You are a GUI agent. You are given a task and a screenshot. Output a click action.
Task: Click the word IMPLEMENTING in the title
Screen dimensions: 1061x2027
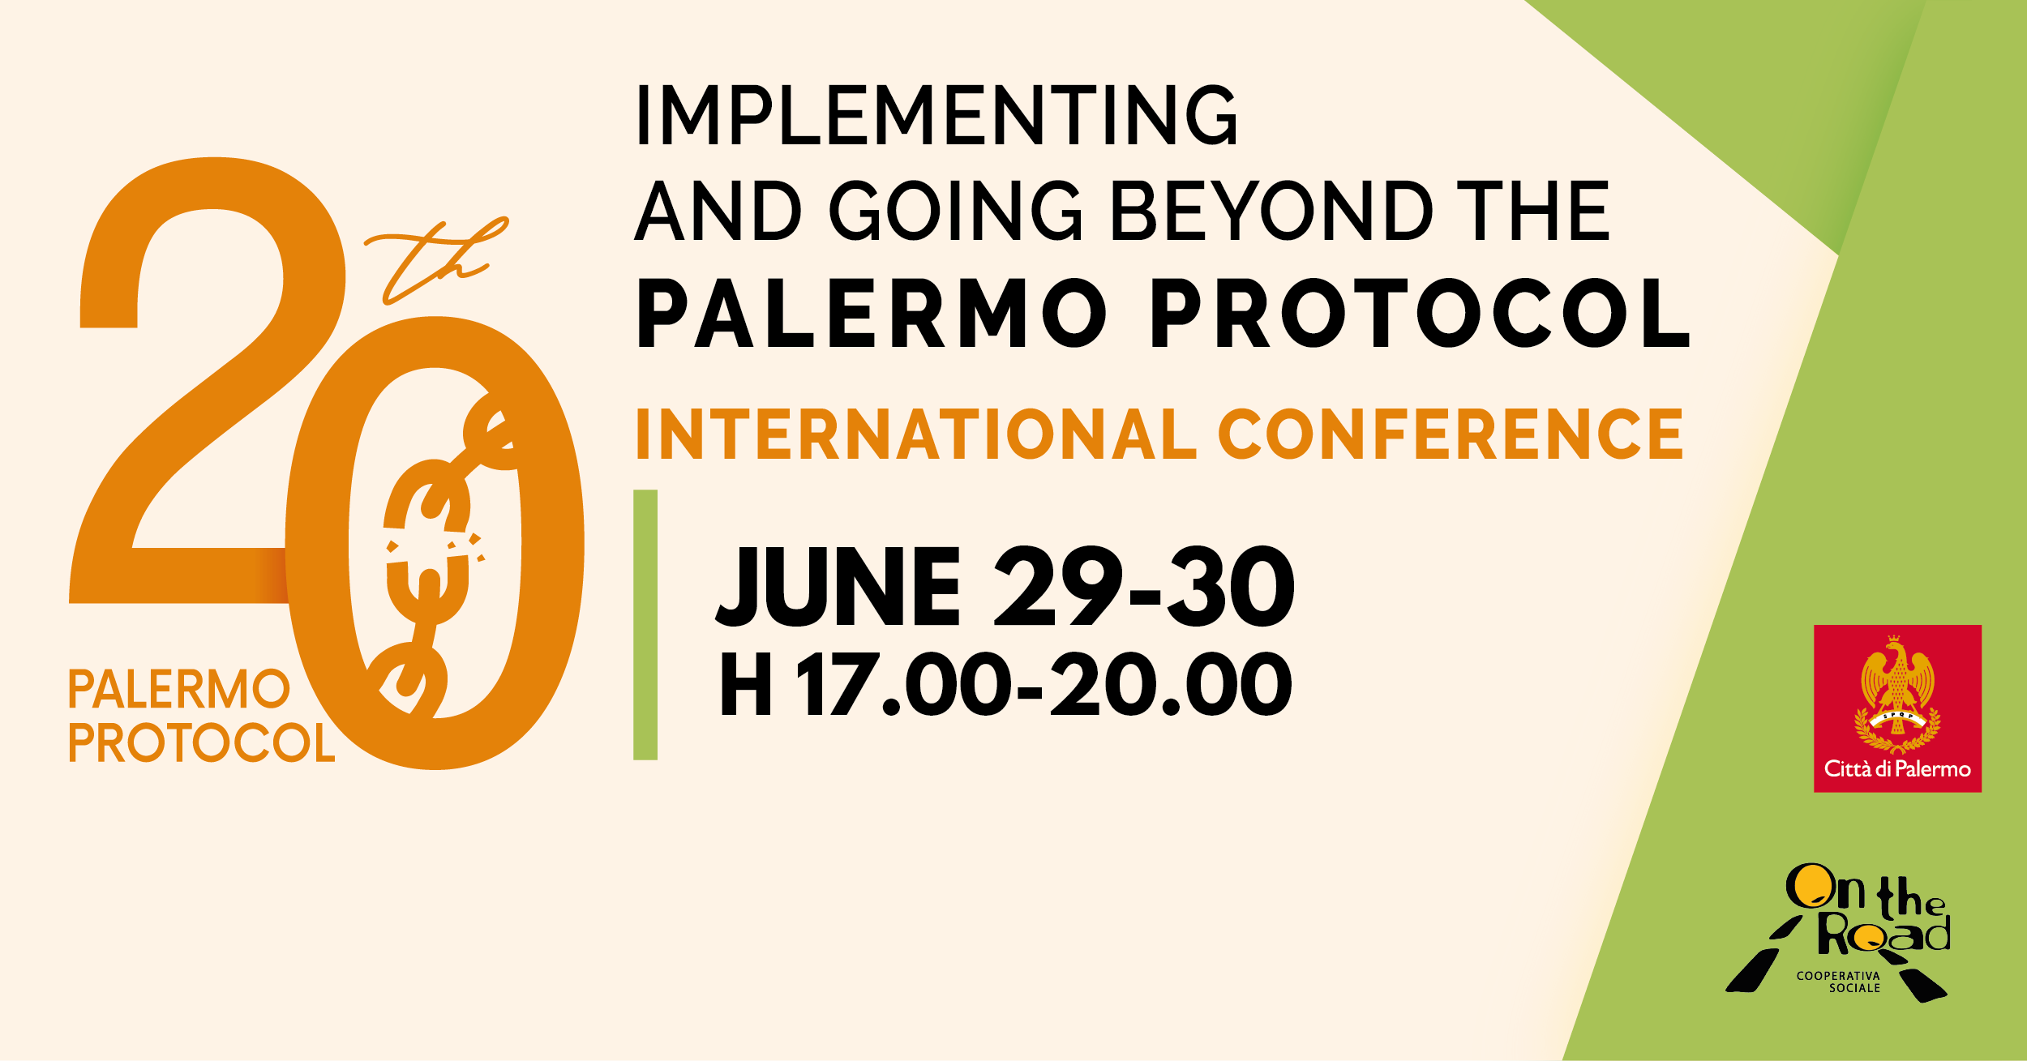pyautogui.click(x=936, y=115)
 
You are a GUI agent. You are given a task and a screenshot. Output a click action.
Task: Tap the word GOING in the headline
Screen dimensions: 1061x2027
pyautogui.click(x=957, y=211)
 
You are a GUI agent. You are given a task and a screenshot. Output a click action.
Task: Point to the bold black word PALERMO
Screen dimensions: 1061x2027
pyautogui.click(x=872, y=314)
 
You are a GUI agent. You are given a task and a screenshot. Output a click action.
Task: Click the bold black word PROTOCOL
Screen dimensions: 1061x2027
pyautogui.click(x=1419, y=314)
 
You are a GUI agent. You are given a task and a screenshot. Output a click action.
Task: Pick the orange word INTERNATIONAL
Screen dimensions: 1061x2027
pyautogui.click(x=915, y=434)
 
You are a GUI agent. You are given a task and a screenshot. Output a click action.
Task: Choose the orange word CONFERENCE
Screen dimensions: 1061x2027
pyautogui.click(x=1451, y=434)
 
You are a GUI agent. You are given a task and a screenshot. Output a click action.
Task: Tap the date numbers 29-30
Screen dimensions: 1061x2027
pyautogui.click(x=1144, y=587)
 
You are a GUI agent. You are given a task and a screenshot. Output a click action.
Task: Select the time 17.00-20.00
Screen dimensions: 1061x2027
pyautogui.click(x=1045, y=686)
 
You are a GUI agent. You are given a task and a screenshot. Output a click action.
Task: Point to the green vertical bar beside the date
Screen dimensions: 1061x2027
pyautogui.click(x=645, y=625)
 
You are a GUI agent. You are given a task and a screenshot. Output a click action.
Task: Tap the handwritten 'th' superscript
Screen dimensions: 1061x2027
pyautogui.click(x=434, y=259)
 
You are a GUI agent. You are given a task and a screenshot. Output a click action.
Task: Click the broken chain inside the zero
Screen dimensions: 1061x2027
pyautogui.click(x=434, y=551)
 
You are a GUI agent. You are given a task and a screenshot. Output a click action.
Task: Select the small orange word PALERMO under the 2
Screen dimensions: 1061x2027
pyautogui.click(x=179, y=690)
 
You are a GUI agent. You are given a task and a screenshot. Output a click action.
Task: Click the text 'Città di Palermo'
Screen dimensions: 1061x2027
pyautogui.click(x=1897, y=769)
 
